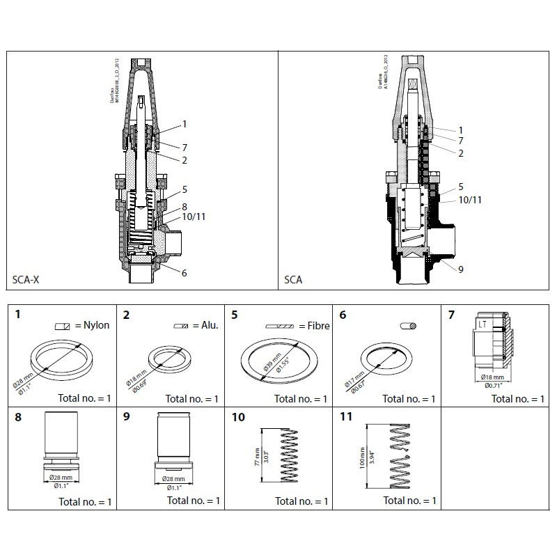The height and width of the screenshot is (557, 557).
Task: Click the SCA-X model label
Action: coord(26,280)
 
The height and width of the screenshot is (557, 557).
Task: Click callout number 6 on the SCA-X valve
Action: coord(184,273)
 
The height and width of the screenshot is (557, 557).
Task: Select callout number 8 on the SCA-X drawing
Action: coord(184,206)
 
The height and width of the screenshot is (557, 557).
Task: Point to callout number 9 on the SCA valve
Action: coord(461,269)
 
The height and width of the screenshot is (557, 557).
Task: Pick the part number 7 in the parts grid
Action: coord(451,315)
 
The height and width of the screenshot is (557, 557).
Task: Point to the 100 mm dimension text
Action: coord(361,460)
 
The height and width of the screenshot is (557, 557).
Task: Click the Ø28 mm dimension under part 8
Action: coord(64,478)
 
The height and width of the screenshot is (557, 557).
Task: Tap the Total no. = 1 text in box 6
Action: coord(409,399)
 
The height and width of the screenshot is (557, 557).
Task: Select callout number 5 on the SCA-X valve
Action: coord(184,189)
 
